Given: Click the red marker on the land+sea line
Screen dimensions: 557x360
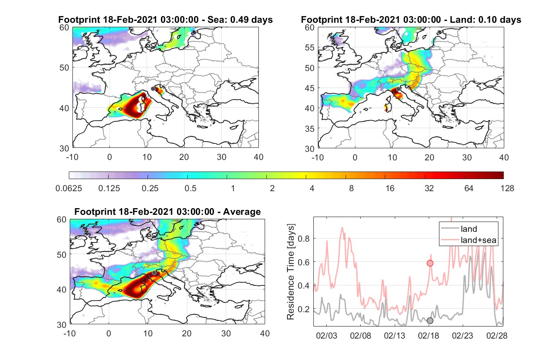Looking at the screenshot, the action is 430,263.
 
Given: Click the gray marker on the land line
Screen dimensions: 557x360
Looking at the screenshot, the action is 430,321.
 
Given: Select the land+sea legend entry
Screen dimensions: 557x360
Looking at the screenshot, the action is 469,240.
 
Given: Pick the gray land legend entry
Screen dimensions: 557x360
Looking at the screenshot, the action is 459,229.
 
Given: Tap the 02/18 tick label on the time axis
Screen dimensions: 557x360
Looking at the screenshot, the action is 428,335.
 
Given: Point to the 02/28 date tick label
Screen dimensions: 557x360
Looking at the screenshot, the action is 497,335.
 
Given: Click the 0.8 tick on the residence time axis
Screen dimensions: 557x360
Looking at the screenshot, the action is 304,239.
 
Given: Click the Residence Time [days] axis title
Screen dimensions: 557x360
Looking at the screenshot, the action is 291,272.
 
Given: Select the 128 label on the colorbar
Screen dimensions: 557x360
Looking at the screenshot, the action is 507,188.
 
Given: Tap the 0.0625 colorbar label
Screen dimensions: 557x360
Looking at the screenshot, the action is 69,188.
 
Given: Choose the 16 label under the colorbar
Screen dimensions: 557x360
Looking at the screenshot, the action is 390,188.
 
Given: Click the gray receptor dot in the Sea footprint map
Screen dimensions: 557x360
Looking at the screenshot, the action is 153,89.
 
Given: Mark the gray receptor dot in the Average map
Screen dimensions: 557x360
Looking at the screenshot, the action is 154,273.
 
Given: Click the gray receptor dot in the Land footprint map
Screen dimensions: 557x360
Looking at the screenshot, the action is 398,89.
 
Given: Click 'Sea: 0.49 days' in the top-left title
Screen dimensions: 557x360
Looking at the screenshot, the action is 240,20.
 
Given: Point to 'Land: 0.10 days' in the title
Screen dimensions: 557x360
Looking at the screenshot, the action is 485,20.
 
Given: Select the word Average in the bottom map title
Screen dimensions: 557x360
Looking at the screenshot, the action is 242,212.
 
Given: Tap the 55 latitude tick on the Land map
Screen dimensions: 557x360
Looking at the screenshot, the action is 310,47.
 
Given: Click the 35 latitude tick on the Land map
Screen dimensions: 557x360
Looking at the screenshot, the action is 310,129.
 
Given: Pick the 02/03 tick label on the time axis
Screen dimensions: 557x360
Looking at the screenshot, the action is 326,335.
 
